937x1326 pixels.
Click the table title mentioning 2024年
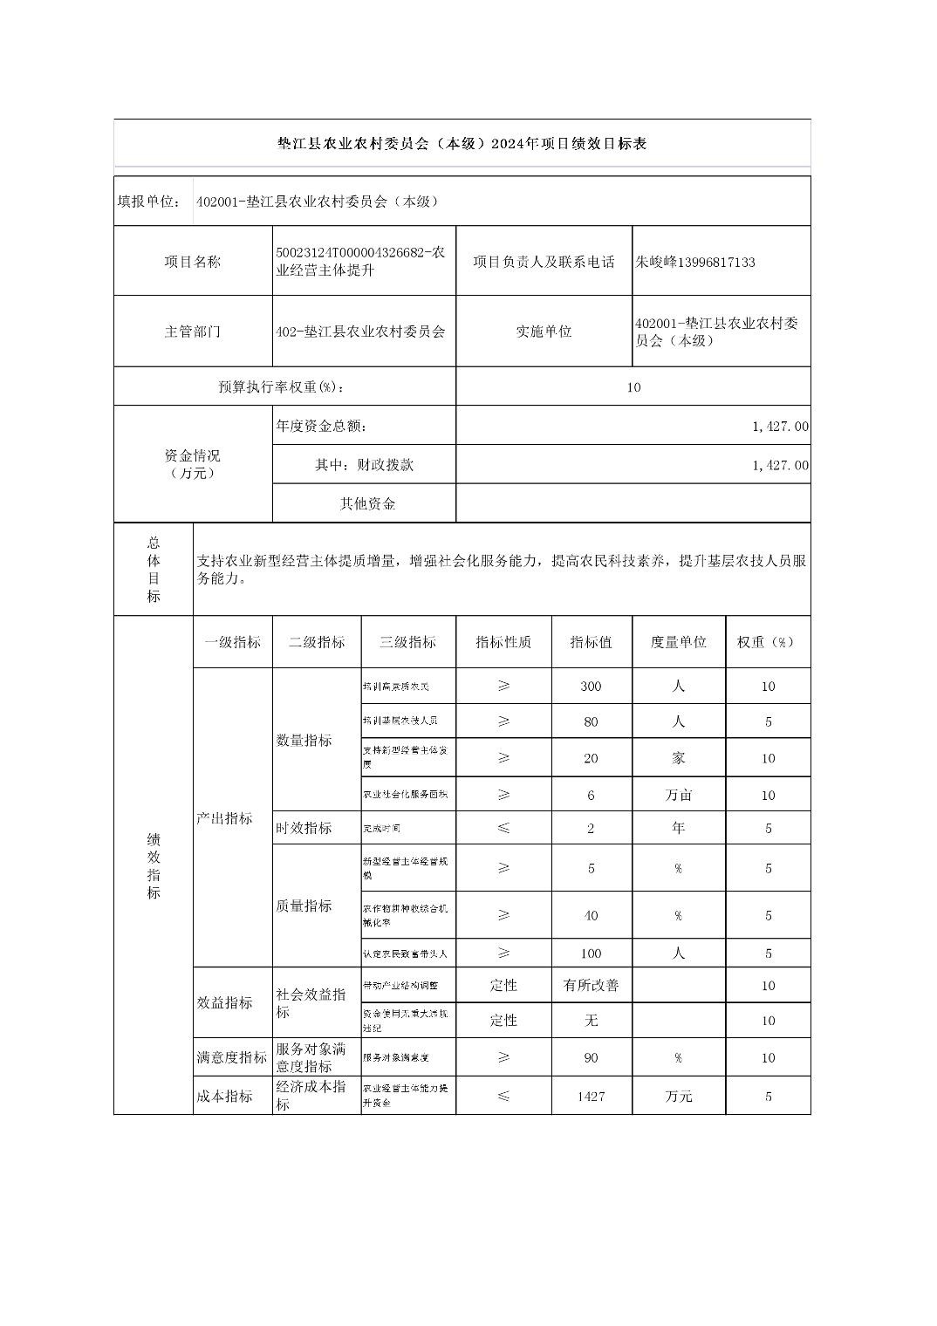462,144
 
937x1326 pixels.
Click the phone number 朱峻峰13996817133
695,262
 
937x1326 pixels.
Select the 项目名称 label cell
193,262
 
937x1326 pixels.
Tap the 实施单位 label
544,331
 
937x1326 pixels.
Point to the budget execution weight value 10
633,387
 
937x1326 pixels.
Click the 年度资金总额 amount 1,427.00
780,427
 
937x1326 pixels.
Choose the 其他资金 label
367,503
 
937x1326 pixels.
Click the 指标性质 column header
503,642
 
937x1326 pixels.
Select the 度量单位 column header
678,642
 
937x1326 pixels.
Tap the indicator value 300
591,687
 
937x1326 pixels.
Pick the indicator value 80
591,722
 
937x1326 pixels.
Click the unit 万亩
678,796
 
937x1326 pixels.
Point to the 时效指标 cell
304,828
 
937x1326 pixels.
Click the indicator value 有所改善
591,985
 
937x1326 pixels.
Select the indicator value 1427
591,1097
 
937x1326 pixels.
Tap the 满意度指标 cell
232,1057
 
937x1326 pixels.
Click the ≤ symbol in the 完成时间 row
503,828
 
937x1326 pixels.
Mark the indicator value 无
591,1021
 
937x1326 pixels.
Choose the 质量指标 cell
304,906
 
